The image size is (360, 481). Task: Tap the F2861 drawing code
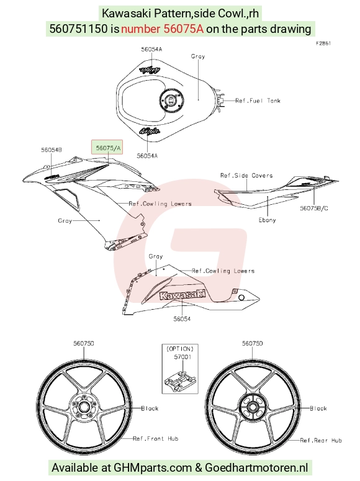(323, 43)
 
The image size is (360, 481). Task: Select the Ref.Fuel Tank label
(258, 101)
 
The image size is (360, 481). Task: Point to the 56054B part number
(52, 150)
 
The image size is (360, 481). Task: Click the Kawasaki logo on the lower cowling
(182, 295)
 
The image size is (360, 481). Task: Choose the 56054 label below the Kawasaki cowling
(182, 319)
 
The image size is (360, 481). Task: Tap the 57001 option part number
(182, 357)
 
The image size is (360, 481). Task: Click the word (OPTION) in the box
(180, 349)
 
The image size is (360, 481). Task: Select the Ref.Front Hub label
(156, 439)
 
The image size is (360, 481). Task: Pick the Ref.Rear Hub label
(321, 441)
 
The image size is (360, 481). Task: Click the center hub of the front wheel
(83, 407)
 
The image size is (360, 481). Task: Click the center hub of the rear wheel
(253, 407)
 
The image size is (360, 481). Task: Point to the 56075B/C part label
(314, 209)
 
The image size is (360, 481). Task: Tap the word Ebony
(267, 220)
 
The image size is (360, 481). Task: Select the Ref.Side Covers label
(246, 176)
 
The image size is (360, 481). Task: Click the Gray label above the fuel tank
(198, 56)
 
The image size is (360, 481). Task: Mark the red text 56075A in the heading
(184, 29)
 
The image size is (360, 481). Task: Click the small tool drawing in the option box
(180, 380)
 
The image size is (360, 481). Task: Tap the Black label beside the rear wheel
(318, 408)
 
